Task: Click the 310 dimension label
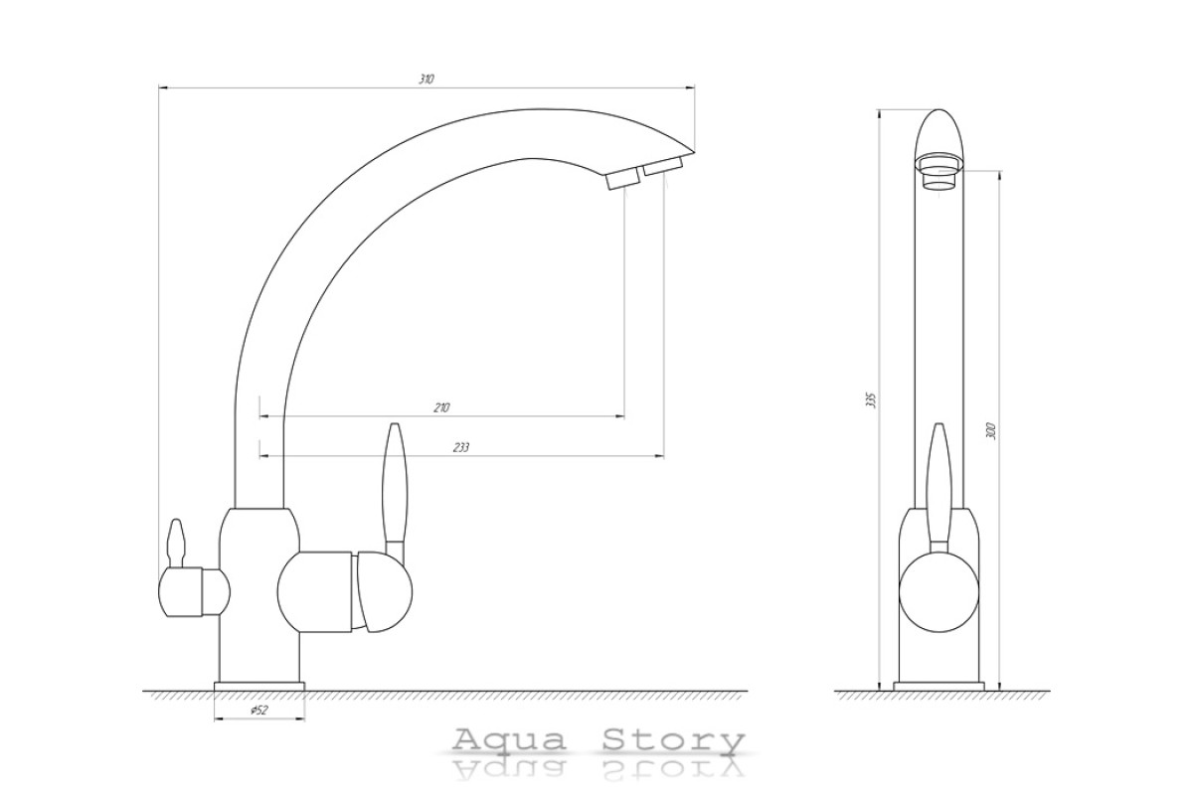click(426, 79)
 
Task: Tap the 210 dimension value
click(441, 407)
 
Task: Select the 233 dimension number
click(461, 448)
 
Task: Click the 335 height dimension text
click(870, 399)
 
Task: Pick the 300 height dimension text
click(991, 430)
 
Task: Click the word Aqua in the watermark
click(509, 740)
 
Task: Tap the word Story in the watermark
click(674, 741)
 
